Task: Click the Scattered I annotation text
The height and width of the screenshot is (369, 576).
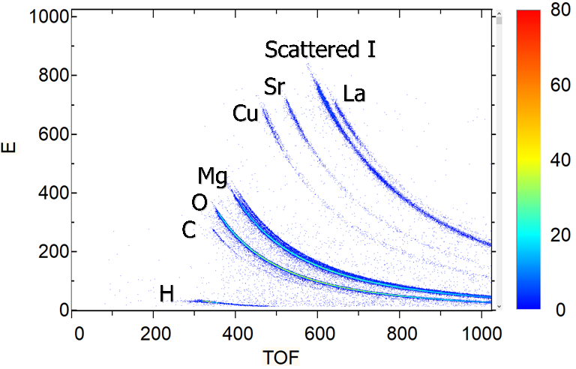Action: pos(320,49)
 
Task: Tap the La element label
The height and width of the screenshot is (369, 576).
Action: pos(354,94)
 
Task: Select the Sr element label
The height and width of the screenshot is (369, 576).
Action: pos(275,87)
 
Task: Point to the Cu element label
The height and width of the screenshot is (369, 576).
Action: pos(245,114)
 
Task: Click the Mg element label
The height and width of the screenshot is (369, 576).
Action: pos(213,176)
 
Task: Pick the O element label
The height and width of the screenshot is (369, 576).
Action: pos(199,202)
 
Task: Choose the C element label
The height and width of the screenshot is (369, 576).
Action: pos(189,231)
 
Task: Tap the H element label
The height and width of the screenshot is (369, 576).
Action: pos(166,294)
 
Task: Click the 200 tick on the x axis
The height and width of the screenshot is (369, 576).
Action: pos(155,331)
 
